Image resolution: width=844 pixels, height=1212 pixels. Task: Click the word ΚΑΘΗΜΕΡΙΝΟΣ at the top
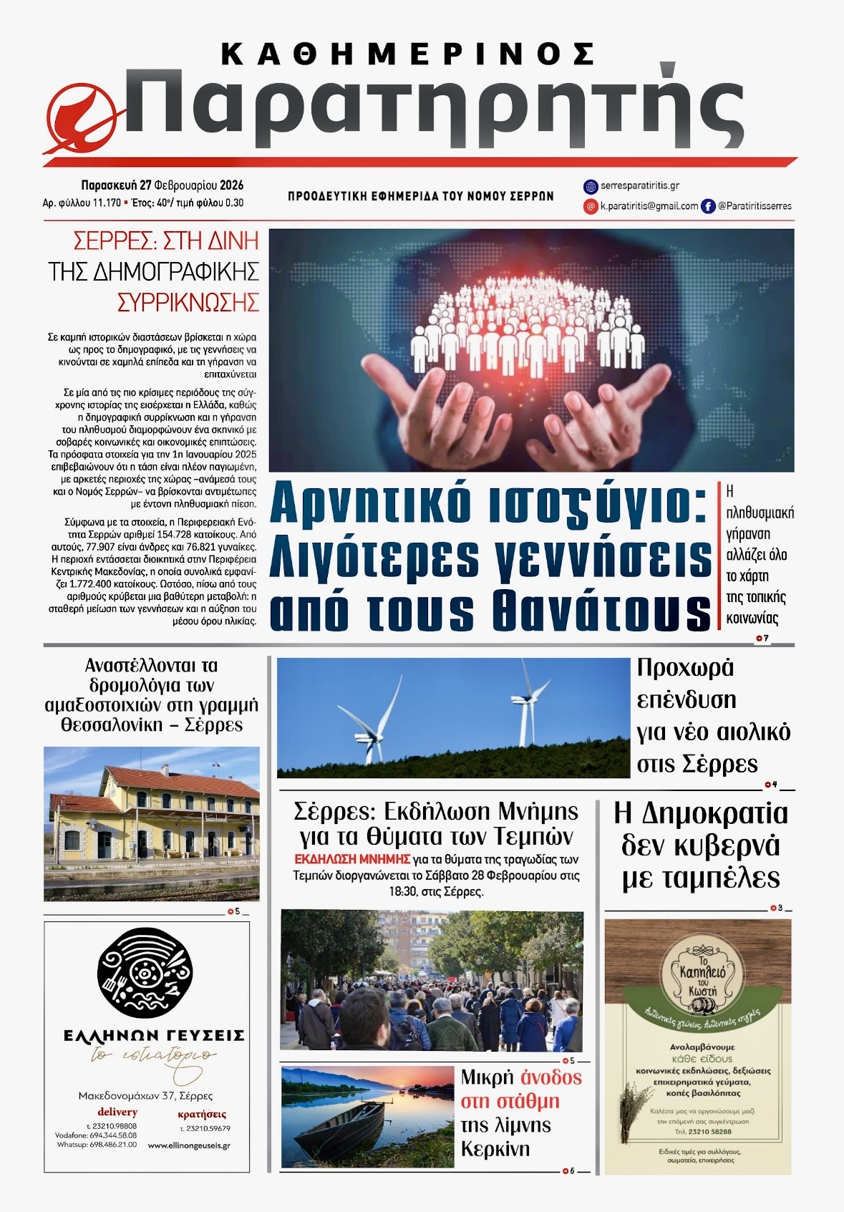click(x=408, y=54)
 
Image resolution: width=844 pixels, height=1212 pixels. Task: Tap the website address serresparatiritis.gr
click(x=640, y=186)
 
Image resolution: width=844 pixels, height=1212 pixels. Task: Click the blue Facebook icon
click(x=708, y=206)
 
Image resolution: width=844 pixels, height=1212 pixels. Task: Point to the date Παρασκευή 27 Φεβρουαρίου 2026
click(x=162, y=185)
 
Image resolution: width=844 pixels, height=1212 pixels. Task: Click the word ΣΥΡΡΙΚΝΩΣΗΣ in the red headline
click(x=188, y=303)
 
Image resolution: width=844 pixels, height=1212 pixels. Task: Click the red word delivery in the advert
click(x=117, y=1112)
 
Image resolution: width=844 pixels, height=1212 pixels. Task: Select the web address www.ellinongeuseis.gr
click(x=189, y=1145)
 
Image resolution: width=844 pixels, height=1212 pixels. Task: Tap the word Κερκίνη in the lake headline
click(x=495, y=1150)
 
